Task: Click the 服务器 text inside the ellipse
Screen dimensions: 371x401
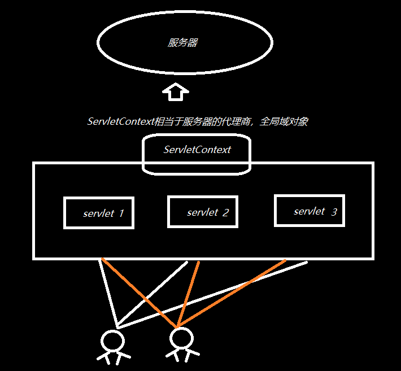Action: tap(182, 43)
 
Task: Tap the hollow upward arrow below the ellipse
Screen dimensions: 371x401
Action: tap(176, 91)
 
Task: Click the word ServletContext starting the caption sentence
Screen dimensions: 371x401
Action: tap(120, 121)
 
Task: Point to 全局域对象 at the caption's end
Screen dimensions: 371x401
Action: tap(284, 121)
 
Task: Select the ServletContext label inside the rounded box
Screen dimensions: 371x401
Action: tap(197, 150)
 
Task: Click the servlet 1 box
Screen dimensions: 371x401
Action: tap(99, 213)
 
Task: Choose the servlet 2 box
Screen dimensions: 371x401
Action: tap(202, 212)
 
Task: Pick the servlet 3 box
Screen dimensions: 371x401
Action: tap(309, 211)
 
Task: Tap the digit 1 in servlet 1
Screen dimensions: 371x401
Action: tap(121, 213)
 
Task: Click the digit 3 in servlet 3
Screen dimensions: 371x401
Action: tap(334, 212)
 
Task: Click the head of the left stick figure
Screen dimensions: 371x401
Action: tap(111, 341)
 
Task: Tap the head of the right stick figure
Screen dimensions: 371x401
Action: tap(181, 339)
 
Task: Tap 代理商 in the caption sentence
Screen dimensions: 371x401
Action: tap(236, 121)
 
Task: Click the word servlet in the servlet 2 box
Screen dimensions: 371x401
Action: tap(203, 212)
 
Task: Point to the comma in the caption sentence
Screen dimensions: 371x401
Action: tap(255, 124)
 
